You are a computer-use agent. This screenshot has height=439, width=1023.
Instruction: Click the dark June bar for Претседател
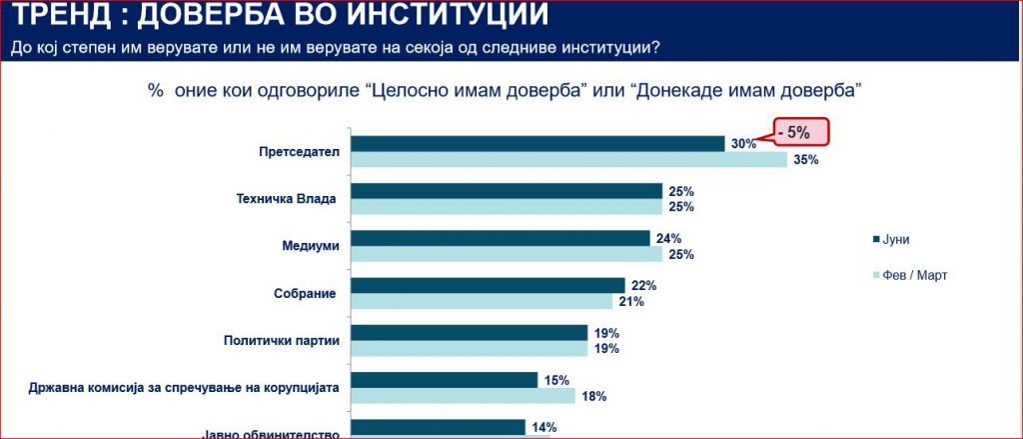pos(537,144)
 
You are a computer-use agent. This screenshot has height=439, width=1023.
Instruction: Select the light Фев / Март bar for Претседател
pos(569,160)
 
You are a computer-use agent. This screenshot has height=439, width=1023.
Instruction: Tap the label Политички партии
pos(282,340)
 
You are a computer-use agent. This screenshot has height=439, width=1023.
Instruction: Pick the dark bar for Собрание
pos(488,286)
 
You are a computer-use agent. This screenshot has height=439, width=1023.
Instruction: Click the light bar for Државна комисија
pos(464,396)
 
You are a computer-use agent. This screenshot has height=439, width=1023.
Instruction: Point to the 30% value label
pos(743,144)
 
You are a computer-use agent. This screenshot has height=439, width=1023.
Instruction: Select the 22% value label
pos(643,286)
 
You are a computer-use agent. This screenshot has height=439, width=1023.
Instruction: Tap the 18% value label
pos(593,396)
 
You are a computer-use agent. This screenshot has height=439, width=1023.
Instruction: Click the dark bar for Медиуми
pos(500,238)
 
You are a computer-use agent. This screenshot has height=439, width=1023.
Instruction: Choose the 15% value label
pos(556,380)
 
